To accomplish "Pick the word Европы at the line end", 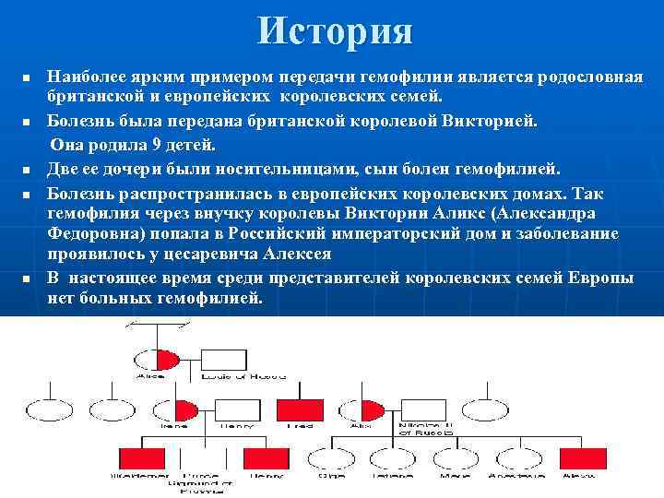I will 601,279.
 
